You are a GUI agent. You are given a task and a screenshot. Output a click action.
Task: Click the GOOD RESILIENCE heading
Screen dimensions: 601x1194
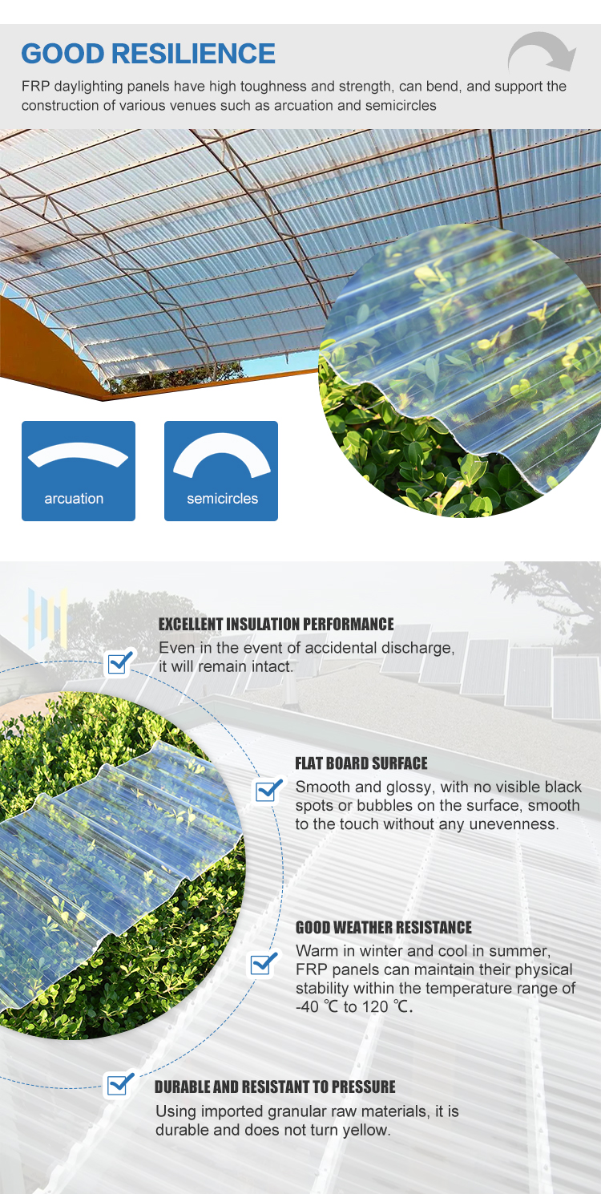click(x=148, y=54)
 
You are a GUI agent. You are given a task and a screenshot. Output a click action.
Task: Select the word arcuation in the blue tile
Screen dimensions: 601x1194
click(x=74, y=499)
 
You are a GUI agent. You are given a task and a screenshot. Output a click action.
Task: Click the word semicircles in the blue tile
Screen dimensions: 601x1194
click(x=222, y=499)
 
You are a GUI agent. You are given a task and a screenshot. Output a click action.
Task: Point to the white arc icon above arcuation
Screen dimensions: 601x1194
click(x=78, y=452)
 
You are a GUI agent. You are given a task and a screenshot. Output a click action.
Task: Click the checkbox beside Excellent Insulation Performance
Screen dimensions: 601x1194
click(x=119, y=663)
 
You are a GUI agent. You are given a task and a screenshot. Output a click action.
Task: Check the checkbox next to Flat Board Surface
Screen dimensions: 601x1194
click(x=268, y=791)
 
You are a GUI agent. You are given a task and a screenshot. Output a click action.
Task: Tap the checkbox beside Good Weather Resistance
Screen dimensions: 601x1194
click(x=263, y=963)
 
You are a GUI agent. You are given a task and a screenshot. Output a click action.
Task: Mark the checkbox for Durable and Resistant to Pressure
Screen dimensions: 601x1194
click(x=119, y=1084)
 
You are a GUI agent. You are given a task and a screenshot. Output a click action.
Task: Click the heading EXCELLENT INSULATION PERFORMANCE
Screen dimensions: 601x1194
click(x=276, y=624)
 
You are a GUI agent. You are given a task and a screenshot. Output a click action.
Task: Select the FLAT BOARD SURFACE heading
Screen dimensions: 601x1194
click(x=361, y=763)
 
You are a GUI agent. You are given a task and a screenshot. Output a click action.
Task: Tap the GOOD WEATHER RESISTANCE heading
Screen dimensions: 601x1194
click(x=384, y=928)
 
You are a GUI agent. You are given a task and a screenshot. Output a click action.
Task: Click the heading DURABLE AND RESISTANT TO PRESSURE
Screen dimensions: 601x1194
click(x=275, y=1087)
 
